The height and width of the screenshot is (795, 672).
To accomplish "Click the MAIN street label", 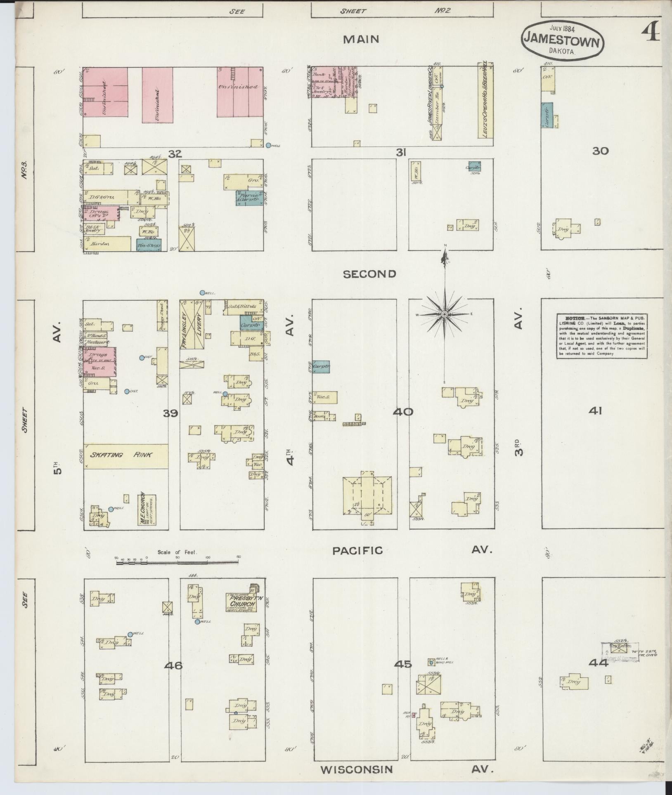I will pos(361,39).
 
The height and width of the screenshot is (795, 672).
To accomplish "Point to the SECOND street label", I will pos(369,274).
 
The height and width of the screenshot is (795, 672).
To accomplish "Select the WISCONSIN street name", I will pos(357,769).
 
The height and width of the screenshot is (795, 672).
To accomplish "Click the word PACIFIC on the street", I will pos(357,550).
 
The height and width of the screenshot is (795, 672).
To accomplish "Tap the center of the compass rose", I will pos(445,314).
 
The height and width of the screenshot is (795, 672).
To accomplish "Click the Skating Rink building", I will pos(125,456).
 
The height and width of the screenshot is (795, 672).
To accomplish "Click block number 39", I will pos(170,413).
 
